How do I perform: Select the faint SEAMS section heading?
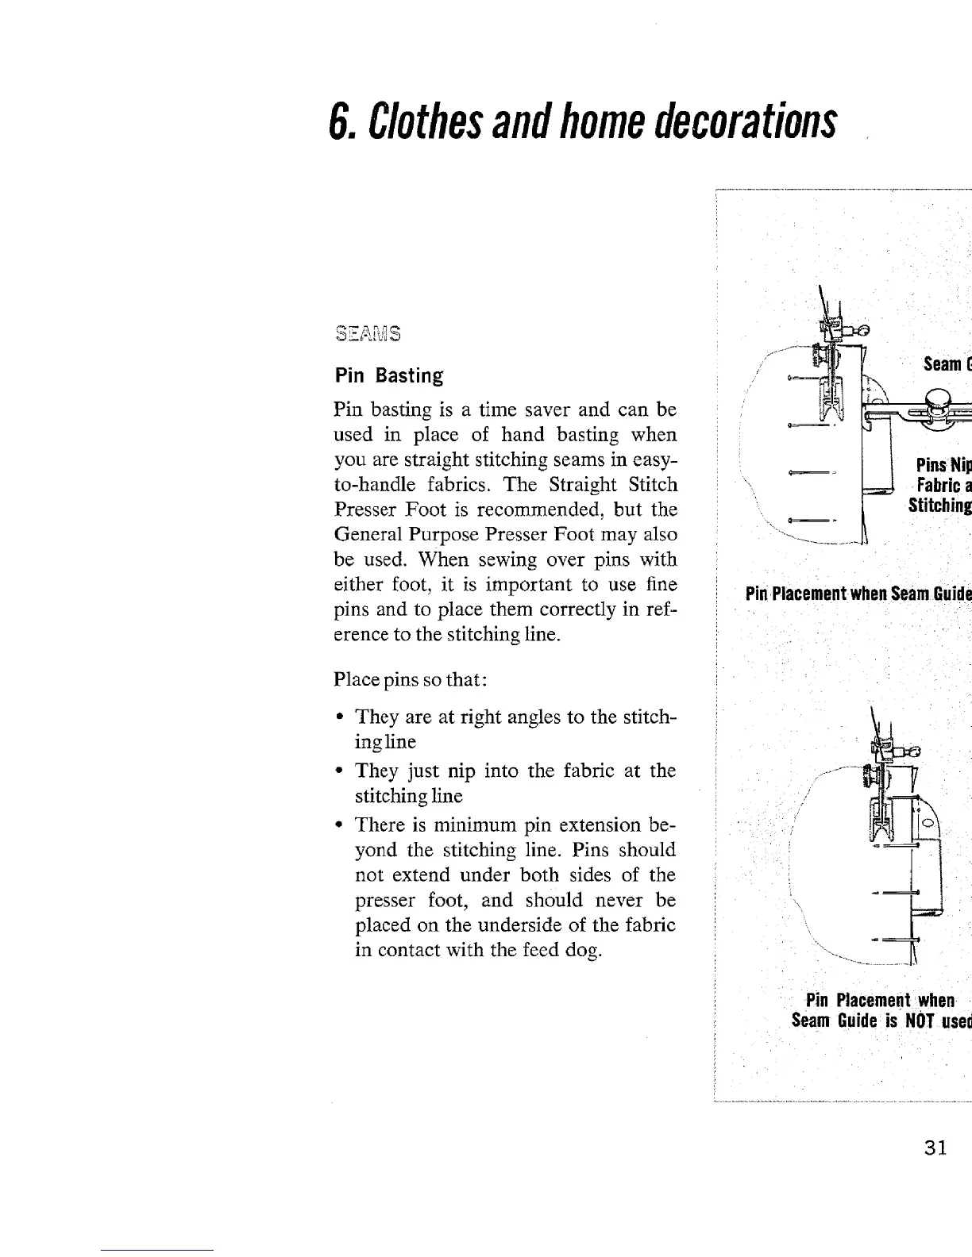tap(368, 333)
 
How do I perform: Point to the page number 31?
tap(935, 1148)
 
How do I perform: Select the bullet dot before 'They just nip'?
tap(340, 771)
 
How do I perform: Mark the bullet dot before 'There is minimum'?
tap(340, 824)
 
